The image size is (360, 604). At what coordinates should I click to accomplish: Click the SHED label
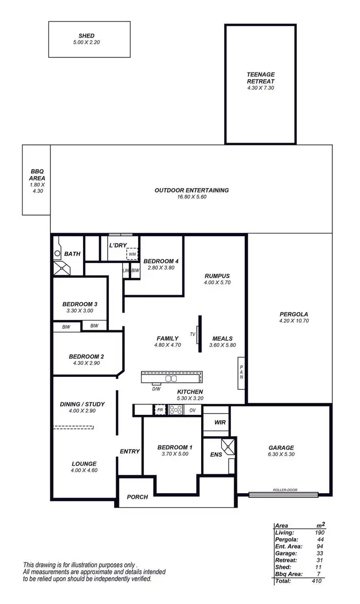tap(86, 36)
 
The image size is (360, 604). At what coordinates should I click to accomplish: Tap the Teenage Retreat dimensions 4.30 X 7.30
tap(261, 88)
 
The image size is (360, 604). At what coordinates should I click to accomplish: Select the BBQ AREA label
tap(37, 174)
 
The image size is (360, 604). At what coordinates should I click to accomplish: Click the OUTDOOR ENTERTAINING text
tap(192, 190)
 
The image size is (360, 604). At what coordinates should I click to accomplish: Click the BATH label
tap(72, 254)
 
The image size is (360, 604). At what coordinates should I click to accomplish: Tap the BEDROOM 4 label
tap(161, 261)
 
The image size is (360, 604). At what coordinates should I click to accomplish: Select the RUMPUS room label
tap(217, 276)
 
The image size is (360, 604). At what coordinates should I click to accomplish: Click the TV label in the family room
tap(193, 334)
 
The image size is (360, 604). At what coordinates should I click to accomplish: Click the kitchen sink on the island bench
tap(170, 378)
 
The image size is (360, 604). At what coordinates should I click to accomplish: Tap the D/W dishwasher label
tap(156, 388)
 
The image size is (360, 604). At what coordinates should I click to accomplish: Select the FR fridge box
tap(160, 410)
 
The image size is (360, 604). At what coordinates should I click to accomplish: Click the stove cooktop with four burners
tap(176, 410)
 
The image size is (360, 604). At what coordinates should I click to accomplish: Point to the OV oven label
tap(192, 410)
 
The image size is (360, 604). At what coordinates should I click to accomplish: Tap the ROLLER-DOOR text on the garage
tap(285, 490)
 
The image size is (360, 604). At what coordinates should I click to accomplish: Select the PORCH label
tap(137, 497)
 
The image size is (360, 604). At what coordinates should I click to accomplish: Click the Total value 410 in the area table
tap(316, 580)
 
